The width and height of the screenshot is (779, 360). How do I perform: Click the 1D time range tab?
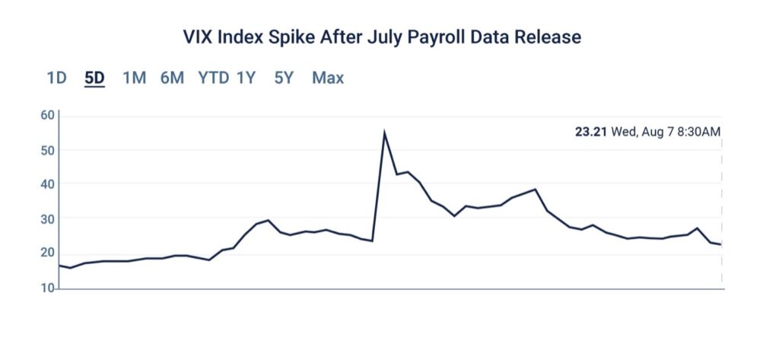point(56,78)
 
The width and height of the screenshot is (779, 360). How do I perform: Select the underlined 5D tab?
point(95,78)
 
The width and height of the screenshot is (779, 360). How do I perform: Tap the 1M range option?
point(134,78)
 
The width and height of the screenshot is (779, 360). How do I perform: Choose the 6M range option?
point(172,78)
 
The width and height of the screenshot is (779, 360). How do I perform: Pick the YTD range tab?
point(213,78)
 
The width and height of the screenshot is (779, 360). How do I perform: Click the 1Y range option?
point(246,78)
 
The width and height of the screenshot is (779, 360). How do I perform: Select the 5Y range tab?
point(284,78)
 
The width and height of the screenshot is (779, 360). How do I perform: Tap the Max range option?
point(328,78)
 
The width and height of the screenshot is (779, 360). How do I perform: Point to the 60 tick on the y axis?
point(47,116)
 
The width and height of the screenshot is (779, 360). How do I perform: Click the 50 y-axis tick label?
point(47,150)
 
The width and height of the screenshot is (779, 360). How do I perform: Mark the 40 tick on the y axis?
point(47,184)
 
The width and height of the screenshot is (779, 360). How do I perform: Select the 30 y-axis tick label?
point(47,219)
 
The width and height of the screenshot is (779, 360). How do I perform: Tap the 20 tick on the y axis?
point(47,253)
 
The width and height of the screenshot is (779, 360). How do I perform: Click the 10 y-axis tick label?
point(47,288)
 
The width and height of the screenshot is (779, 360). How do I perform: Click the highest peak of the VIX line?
point(384,133)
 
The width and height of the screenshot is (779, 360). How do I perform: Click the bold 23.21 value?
point(590,132)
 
